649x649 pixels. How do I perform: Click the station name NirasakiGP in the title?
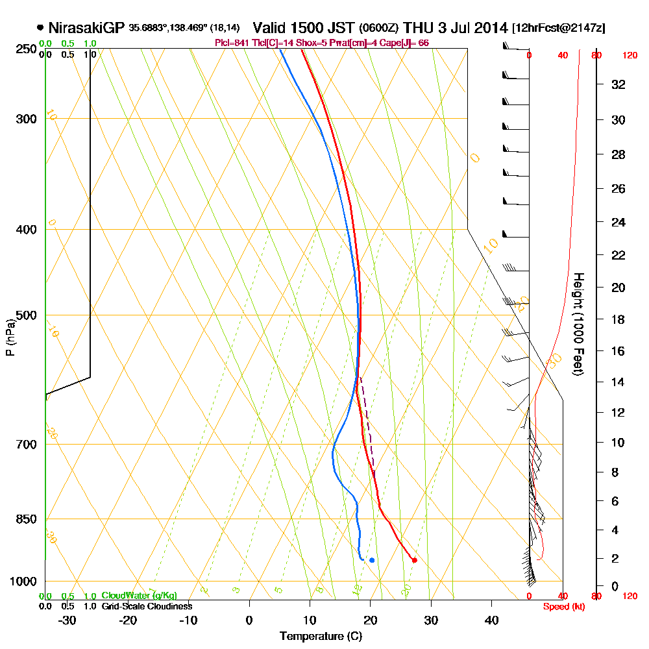pos(86,28)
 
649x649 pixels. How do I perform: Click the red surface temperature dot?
pos(414,560)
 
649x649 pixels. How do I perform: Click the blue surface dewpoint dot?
pos(372,559)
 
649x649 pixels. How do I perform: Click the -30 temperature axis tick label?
pos(67,620)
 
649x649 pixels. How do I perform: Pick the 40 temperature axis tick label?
pos(491,620)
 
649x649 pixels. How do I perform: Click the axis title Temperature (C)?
pos(321,636)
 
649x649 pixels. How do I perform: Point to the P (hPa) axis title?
pos(10,337)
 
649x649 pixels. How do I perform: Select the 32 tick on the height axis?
pos(618,84)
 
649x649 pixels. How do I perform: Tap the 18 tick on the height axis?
pos(618,319)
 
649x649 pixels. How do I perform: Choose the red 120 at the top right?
pos(629,56)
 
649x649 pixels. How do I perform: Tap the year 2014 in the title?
pos(489,28)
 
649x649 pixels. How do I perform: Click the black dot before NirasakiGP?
pos(40,28)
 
